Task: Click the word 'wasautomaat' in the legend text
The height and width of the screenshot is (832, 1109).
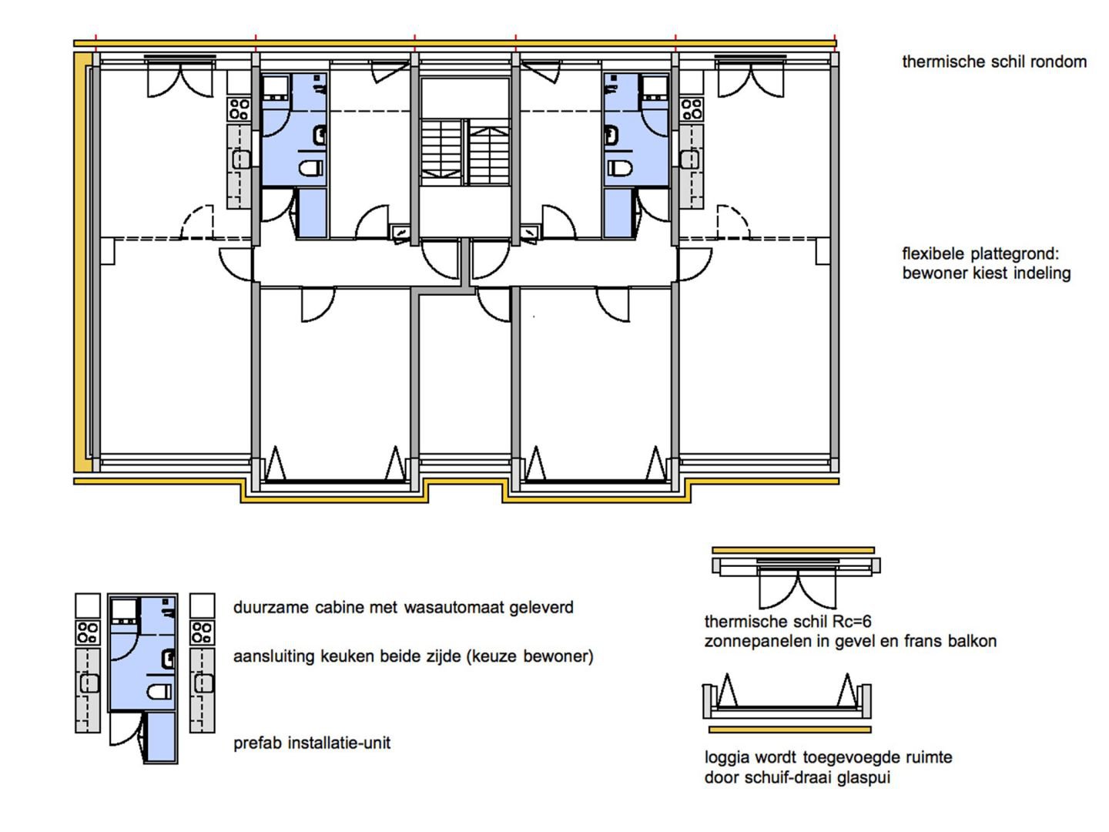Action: pyautogui.click(x=453, y=607)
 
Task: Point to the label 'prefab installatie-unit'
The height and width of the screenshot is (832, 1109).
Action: pyautogui.click(x=312, y=743)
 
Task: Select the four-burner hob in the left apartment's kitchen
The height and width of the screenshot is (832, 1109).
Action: pyautogui.click(x=239, y=109)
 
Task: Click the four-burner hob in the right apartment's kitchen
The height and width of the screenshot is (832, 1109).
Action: pyautogui.click(x=691, y=109)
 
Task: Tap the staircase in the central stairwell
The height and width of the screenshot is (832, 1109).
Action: pyautogui.click(x=465, y=152)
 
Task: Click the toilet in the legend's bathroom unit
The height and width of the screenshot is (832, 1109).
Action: pyautogui.click(x=159, y=691)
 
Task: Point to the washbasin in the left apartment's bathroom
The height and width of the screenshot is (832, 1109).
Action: pyautogui.click(x=320, y=136)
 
